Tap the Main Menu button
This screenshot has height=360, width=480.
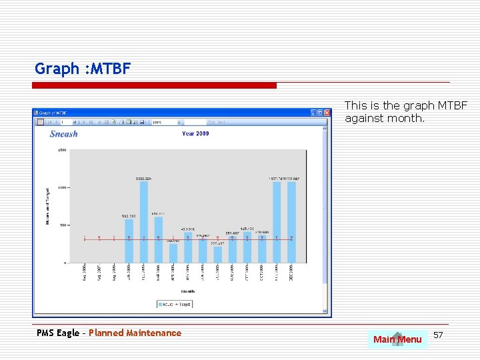pos(397,339)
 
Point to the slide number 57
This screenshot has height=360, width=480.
pos(438,334)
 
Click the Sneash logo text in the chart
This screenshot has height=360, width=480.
pos(64,133)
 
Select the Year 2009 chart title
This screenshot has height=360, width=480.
pos(195,133)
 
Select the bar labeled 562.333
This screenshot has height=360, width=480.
pos(129,241)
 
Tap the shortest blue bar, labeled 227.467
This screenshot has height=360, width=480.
pos(218,255)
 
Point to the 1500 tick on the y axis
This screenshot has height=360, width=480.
pos(62,150)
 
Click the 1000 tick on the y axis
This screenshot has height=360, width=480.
pos(62,187)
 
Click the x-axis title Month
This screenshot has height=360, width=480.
pos(189,291)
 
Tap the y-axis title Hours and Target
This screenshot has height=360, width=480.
pos(48,206)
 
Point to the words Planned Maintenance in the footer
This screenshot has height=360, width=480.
pos(135,333)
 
